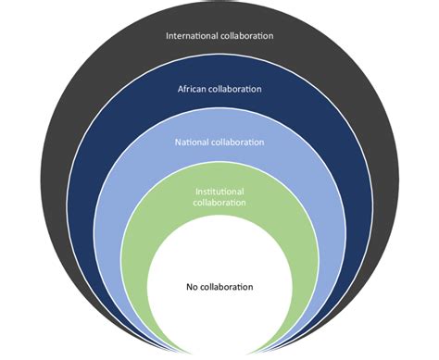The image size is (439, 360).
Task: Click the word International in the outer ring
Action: (x=192, y=36)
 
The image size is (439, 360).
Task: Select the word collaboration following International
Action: (x=247, y=36)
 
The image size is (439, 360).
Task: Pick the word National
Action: (x=194, y=143)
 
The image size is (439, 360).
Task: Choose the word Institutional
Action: (x=219, y=192)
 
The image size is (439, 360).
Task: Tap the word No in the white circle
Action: (x=192, y=287)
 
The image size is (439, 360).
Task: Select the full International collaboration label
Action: (x=219, y=36)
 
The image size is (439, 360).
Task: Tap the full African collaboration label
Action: (x=219, y=89)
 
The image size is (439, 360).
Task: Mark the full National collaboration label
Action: (x=219, y=143)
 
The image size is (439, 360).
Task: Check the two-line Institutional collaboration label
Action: (x=219, y=196)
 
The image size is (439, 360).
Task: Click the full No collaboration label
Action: (x=219, y=287)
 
